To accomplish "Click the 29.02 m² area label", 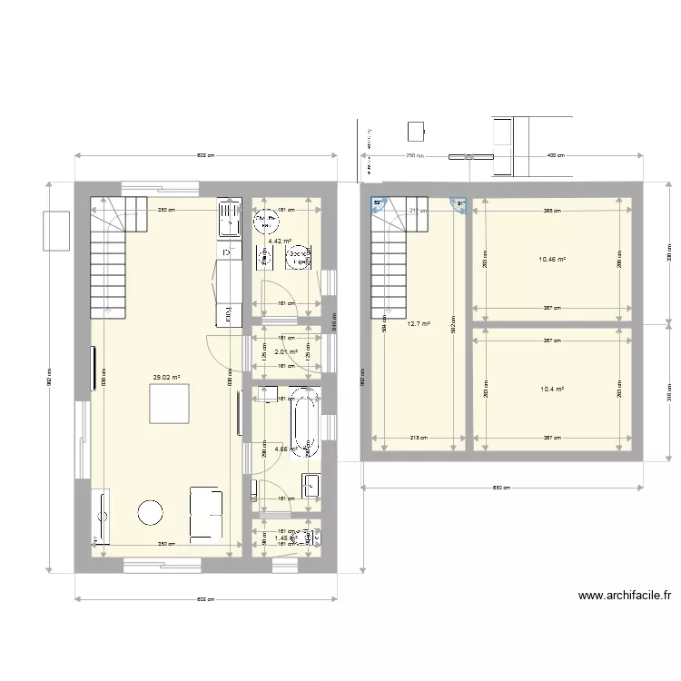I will [x=166, y=378].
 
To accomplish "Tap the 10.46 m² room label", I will [x=552, y=260].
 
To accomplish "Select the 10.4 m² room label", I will [x=552, y=389].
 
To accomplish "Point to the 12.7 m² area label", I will [x=418, y=323].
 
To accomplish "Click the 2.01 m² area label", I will [x=287, y=352].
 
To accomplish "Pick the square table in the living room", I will [x=169, y=403].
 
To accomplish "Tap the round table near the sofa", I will [x=149, y=514].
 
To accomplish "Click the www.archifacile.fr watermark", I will [x=624, y=597].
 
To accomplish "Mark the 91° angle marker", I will [x=460, y=204].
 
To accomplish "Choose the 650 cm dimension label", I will [x=501, y=488].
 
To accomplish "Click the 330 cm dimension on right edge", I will [x=669, y=258].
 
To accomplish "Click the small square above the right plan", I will [x=416, y=131].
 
